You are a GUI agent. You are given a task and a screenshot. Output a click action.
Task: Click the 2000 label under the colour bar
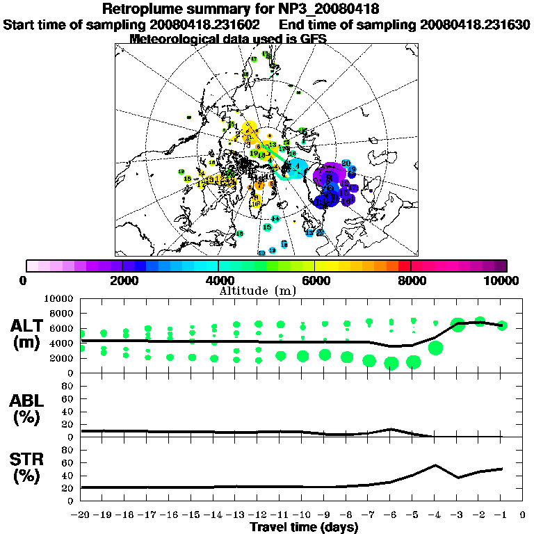(x=122, y=281)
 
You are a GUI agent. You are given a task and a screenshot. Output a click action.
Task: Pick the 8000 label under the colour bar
(x=411, y=281)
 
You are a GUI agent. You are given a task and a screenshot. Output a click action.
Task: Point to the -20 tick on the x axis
(x=81, y=515)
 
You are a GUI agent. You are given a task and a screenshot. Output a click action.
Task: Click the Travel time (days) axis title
(x=304, y=528)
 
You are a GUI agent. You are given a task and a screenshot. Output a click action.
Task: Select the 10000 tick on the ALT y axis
(x=59, y=298)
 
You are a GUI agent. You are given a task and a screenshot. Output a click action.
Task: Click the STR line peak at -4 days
(x=435, y=465)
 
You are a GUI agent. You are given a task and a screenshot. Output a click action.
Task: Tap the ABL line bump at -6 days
(x=391, y=429)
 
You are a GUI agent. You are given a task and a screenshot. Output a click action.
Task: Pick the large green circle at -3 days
(x=458, y=324)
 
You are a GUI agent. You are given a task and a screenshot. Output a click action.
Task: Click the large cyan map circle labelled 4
(x=297, y=167)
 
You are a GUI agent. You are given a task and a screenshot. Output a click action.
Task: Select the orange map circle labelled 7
(x=259, y=185)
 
